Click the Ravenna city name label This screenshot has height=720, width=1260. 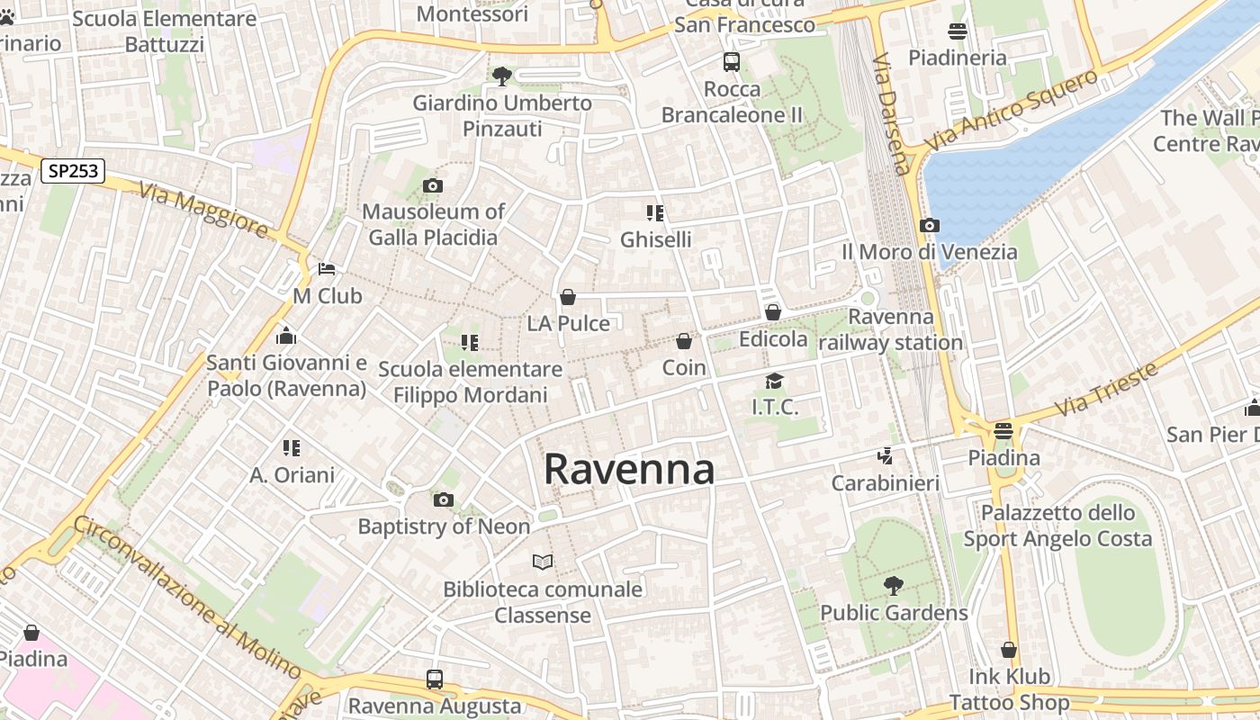[x=629, y=470]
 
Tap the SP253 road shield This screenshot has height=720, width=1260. [x=73, y=171]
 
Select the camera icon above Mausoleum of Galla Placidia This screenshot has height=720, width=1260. [x=433, y=186]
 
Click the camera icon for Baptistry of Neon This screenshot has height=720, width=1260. [x=444, y=500]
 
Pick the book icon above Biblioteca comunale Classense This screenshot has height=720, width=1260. [x=543, y=562]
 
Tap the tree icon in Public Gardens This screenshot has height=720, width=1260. [x=894, y=586]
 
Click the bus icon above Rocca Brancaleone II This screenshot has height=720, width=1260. [x=732, y=62]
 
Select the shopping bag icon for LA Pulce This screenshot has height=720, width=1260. [x=568, y=297]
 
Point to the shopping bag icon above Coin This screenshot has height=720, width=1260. [x=684, y=341]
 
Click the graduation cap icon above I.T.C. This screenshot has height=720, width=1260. [x=774, y=382]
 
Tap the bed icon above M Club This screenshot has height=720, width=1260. [x=327, y=269]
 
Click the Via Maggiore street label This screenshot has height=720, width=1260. [x=203, y=210]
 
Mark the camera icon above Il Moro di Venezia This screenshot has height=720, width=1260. [x=930, y=226]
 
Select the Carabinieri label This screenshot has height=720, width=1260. [x=886, y=483]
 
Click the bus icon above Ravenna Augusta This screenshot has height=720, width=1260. [x=435, y=679]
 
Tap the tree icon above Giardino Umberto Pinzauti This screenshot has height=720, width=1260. [x=502, y=76]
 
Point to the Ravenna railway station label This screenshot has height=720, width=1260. [x=891, y=329]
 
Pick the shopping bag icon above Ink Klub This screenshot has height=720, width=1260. [x=1009, y=650]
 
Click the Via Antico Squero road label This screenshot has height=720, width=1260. [x=1012, y=110]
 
